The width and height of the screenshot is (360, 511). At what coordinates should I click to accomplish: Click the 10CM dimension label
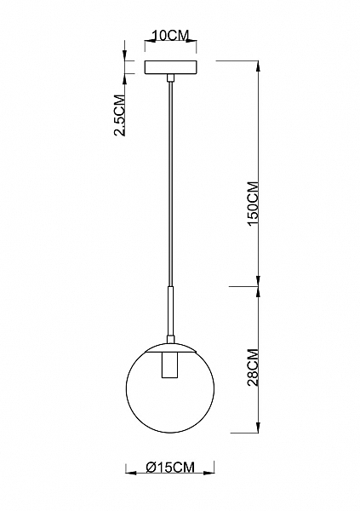(171, 35)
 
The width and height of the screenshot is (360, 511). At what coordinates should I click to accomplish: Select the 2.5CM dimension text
(119, 115)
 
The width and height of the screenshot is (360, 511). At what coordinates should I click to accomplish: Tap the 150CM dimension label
(253, 203)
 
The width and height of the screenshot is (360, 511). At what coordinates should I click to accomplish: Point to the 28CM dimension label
(253, 367)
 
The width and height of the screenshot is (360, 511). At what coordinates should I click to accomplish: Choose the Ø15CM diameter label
(170, 467)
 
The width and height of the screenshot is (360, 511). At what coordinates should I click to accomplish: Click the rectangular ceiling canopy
(170, 67)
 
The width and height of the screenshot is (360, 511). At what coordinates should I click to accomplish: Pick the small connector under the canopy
(170, 78)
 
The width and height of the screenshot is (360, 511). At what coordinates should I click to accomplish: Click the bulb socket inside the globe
(170, 365)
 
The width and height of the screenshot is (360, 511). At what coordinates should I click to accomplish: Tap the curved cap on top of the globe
(170, 347)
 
